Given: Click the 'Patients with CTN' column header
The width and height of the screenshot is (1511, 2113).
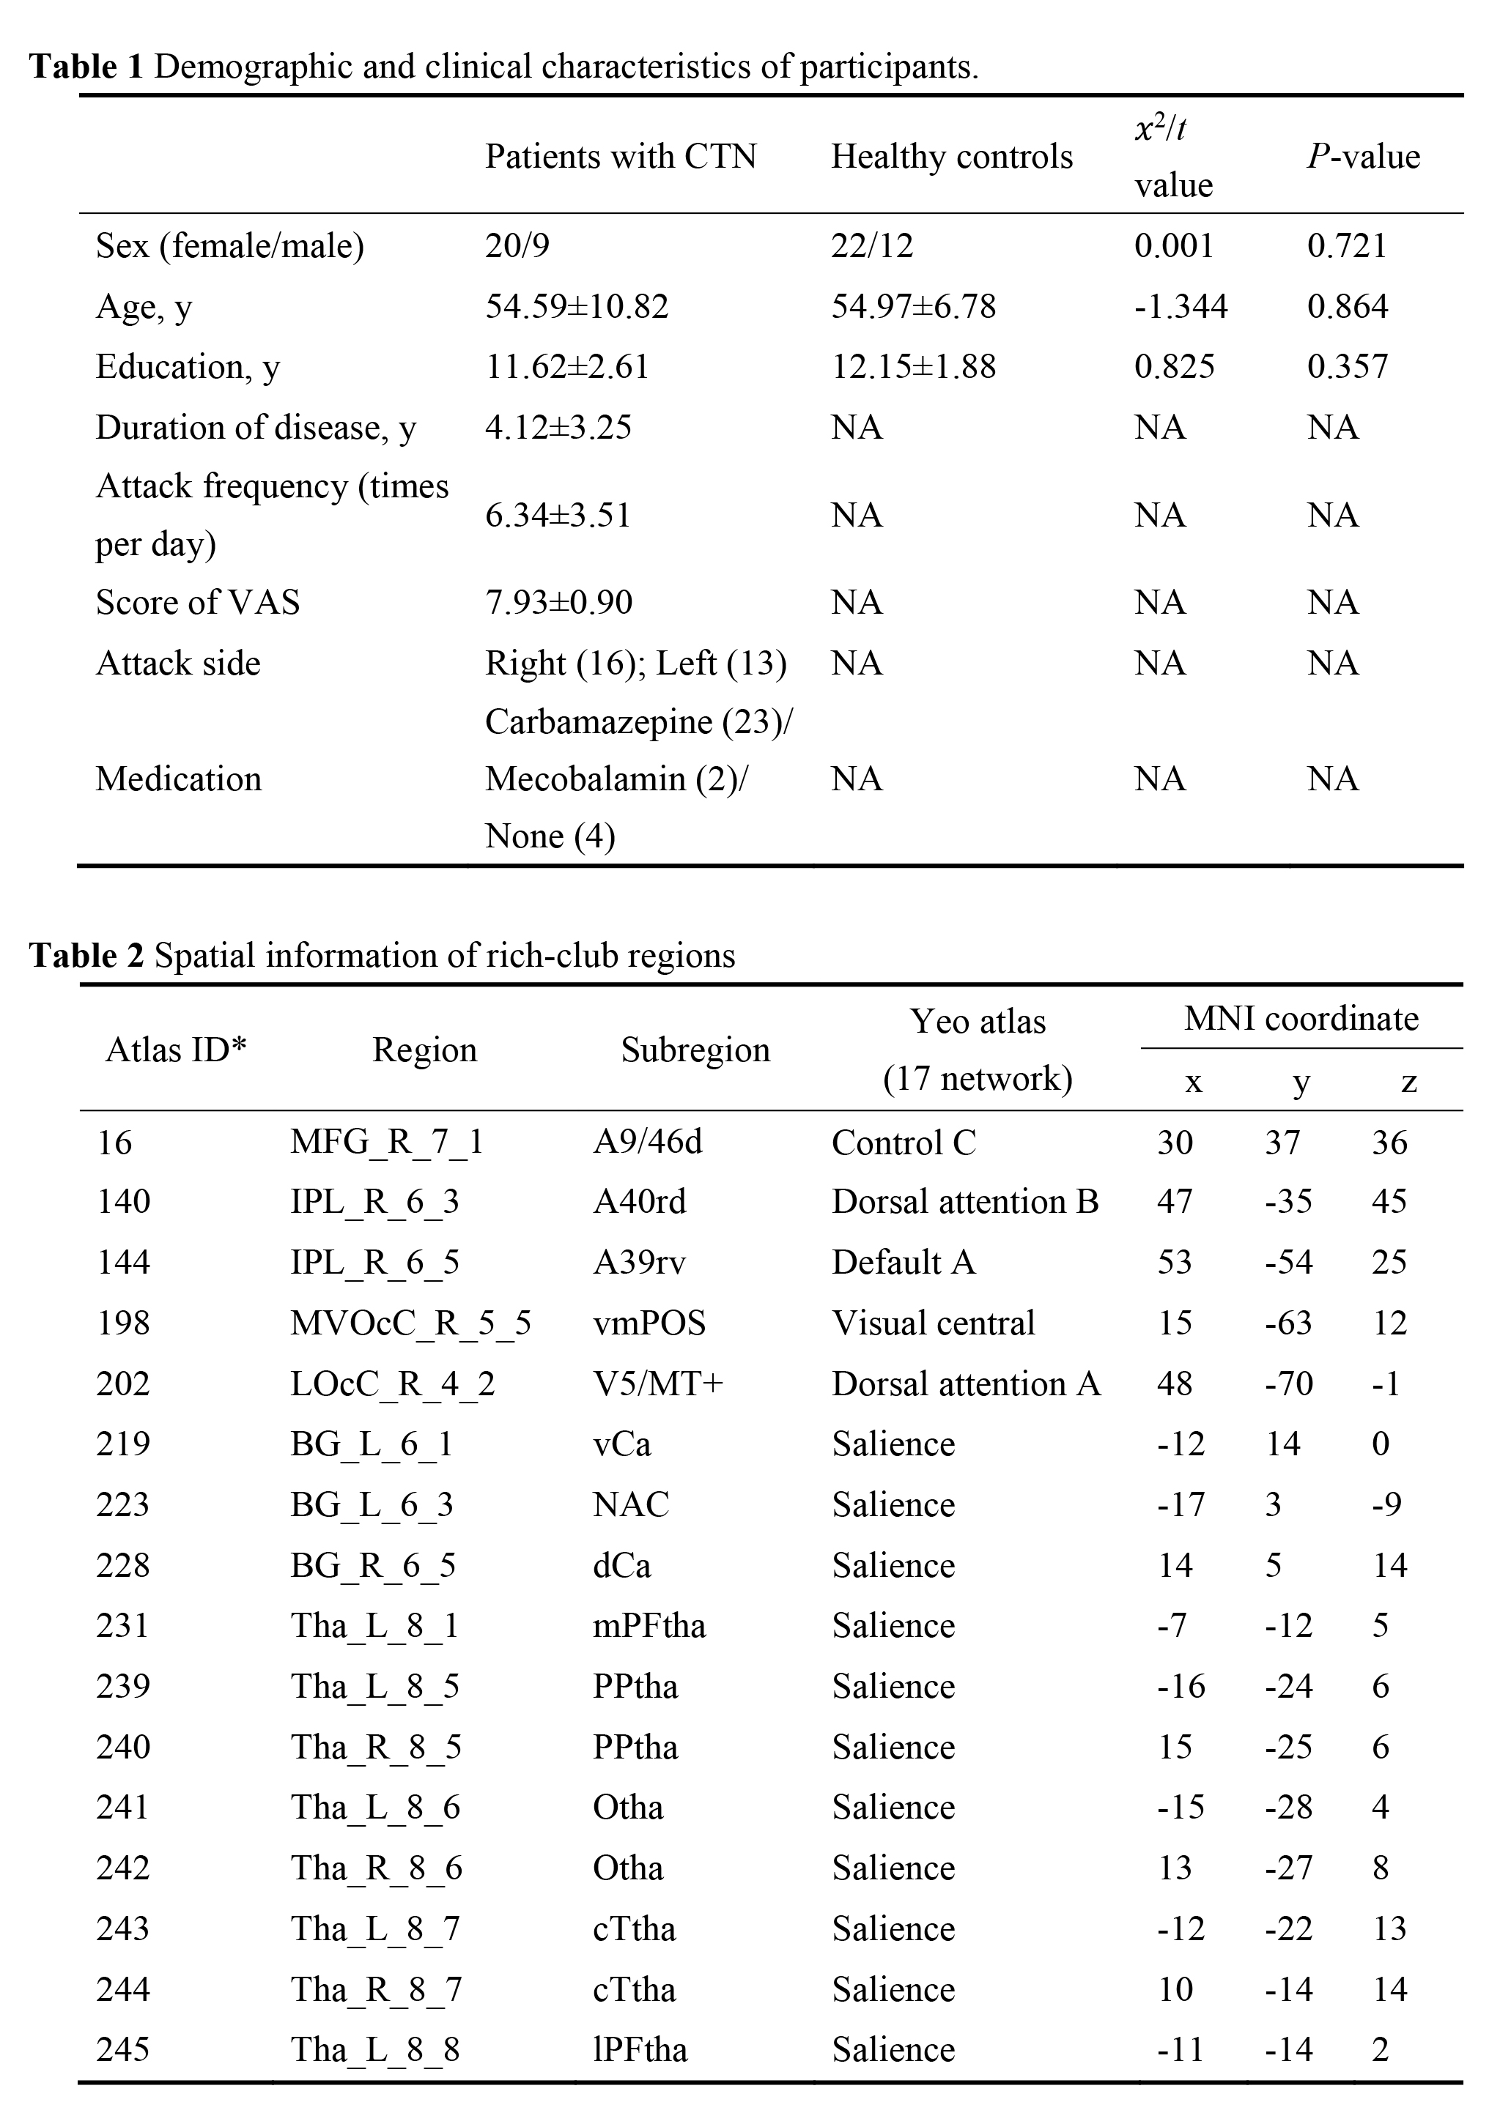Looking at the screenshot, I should [621, 156].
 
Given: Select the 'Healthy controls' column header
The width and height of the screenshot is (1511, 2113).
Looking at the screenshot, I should [951, 156].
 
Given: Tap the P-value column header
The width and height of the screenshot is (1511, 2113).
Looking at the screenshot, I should [1363, 156].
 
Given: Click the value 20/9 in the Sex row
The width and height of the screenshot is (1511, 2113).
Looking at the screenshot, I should [517, 245].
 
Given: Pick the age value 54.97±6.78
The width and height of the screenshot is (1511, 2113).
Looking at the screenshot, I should [913, 306].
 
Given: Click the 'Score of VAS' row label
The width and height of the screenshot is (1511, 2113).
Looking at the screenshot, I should [197, 603].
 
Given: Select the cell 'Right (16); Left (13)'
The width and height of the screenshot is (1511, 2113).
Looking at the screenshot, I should [635, 663].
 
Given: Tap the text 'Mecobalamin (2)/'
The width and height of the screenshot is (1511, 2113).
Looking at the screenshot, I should [616, 779].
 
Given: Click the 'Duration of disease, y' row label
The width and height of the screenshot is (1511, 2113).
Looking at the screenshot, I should [256, 427].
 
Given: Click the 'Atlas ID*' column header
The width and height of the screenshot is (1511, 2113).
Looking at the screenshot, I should [176, 1050].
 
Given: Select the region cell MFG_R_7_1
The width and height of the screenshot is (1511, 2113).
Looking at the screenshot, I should [387, 1142].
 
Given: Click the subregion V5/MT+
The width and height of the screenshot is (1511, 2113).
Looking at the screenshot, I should [658, 1384].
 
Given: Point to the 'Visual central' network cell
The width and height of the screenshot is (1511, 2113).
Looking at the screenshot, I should [934, 1323].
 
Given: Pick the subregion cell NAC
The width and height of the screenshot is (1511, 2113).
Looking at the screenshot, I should [631, 1505].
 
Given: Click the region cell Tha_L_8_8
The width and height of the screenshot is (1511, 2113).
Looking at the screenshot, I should [375, 2050].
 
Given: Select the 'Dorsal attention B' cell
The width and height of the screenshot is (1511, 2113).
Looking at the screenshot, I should [965, 1202].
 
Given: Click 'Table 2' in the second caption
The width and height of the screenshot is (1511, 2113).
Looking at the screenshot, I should [86, 955].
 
